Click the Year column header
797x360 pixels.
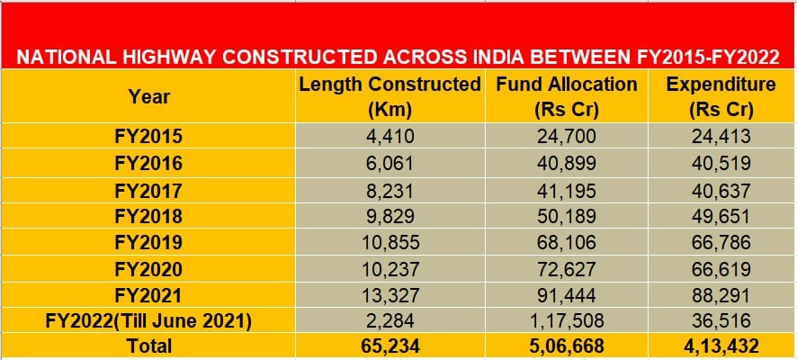(148, 96)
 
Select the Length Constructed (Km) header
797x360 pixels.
(390, 97)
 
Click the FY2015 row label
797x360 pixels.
(148, 138)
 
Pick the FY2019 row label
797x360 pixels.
(148, 243)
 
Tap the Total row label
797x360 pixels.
(148, 346)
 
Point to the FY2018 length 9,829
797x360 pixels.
(390, 217)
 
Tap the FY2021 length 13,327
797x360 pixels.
(390, 295)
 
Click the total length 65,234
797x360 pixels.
(390, 346)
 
